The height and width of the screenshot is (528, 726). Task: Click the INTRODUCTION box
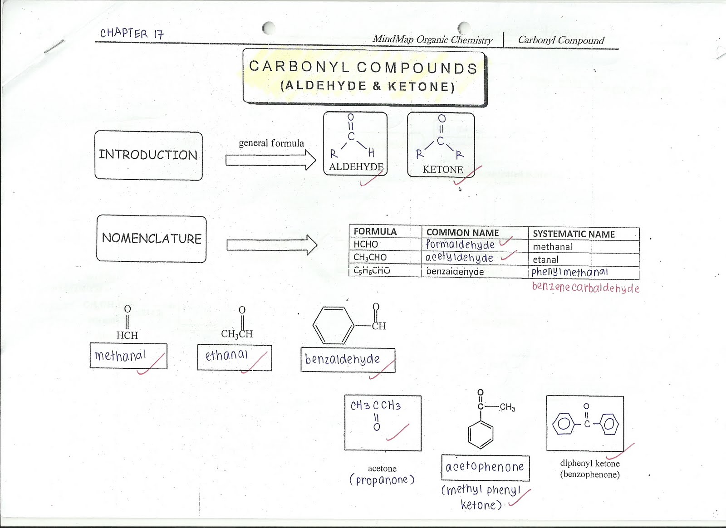pyautogui.click(x=148, y=156)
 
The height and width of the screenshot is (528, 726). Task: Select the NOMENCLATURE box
pyautogui.click(x=151, y=239)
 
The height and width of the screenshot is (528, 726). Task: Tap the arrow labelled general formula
pyautogui.click(x=270, y=160)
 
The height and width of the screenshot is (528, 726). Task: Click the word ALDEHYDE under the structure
pyautogui.click(x=356, y=167)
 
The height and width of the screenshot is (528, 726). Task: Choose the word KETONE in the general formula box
pyautogui.click(x=442, y=170)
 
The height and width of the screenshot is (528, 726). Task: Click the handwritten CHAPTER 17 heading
pyautogui.click(x=132, y=34)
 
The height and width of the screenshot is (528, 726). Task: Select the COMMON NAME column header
pyautogui.click(x=462, y=233)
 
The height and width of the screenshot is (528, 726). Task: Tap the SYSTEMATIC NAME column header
pyautogui.click(x=574, y=234)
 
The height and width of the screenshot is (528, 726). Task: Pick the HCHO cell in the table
pyautogui.click(x=366, y=244)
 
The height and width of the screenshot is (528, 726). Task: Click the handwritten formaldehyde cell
pyautogui.click(x=460, y=244)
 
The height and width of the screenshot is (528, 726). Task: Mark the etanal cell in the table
pyautogui.click(x=545, y=259)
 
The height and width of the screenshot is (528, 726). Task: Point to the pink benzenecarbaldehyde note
pyautogui.click(x=585, y=288)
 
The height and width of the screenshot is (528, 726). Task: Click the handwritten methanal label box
pyautogui.click(x=128, y=356)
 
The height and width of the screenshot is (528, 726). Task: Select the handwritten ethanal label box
pyautogui.click(x=235, y=357)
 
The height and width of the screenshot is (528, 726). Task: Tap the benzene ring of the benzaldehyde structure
pyautogui.click(x=334, y=325)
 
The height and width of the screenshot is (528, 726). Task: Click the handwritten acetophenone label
pyautogui.click(x=485, y=467)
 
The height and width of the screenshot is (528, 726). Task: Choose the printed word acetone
pyautogui.click(x=382, y=469)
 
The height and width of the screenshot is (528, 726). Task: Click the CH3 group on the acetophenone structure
pyautogui.click(x=507, y=407)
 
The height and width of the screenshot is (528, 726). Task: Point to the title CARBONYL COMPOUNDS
pyautogui.click(x=363, y=68)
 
